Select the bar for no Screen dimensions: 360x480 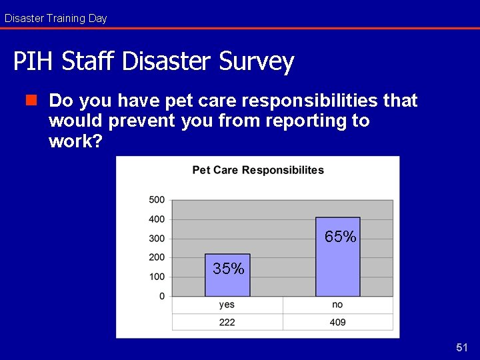pyautogui.click(x=337, y=260)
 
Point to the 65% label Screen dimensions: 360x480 pyautogui.click(x=340, y=237)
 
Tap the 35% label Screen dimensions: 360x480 pyautogui.click(x=228, y=269)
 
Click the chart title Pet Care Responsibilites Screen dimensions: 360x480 pyautogui.click(x=258, y=170)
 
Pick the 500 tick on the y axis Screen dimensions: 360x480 pyautogui.click(x=157, y=200)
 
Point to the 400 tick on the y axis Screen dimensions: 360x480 pyautogui.click(x=157, y=219)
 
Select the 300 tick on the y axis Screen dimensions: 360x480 pyautogui.click(x=157, y=239)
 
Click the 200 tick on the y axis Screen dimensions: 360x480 pyautogui.click(x=157, y=257)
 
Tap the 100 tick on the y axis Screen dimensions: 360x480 pyautogui.click(x=157, y=277)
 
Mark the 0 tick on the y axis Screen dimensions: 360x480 pyautogui.click(x=161, y=296)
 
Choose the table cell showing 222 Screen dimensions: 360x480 pyautogui.click(x=227, y=322)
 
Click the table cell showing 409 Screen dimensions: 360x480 pyautogui.click(x=337, y=322)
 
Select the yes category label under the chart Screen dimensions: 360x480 pyautogui.click(x=227, y=305)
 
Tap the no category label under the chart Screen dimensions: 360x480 pyautogui.click(x=337, y=305)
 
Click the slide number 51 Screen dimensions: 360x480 pyautogui.click(x=463, y=347)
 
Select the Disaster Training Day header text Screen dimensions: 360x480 pyautogui.click(x=55, y=18)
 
